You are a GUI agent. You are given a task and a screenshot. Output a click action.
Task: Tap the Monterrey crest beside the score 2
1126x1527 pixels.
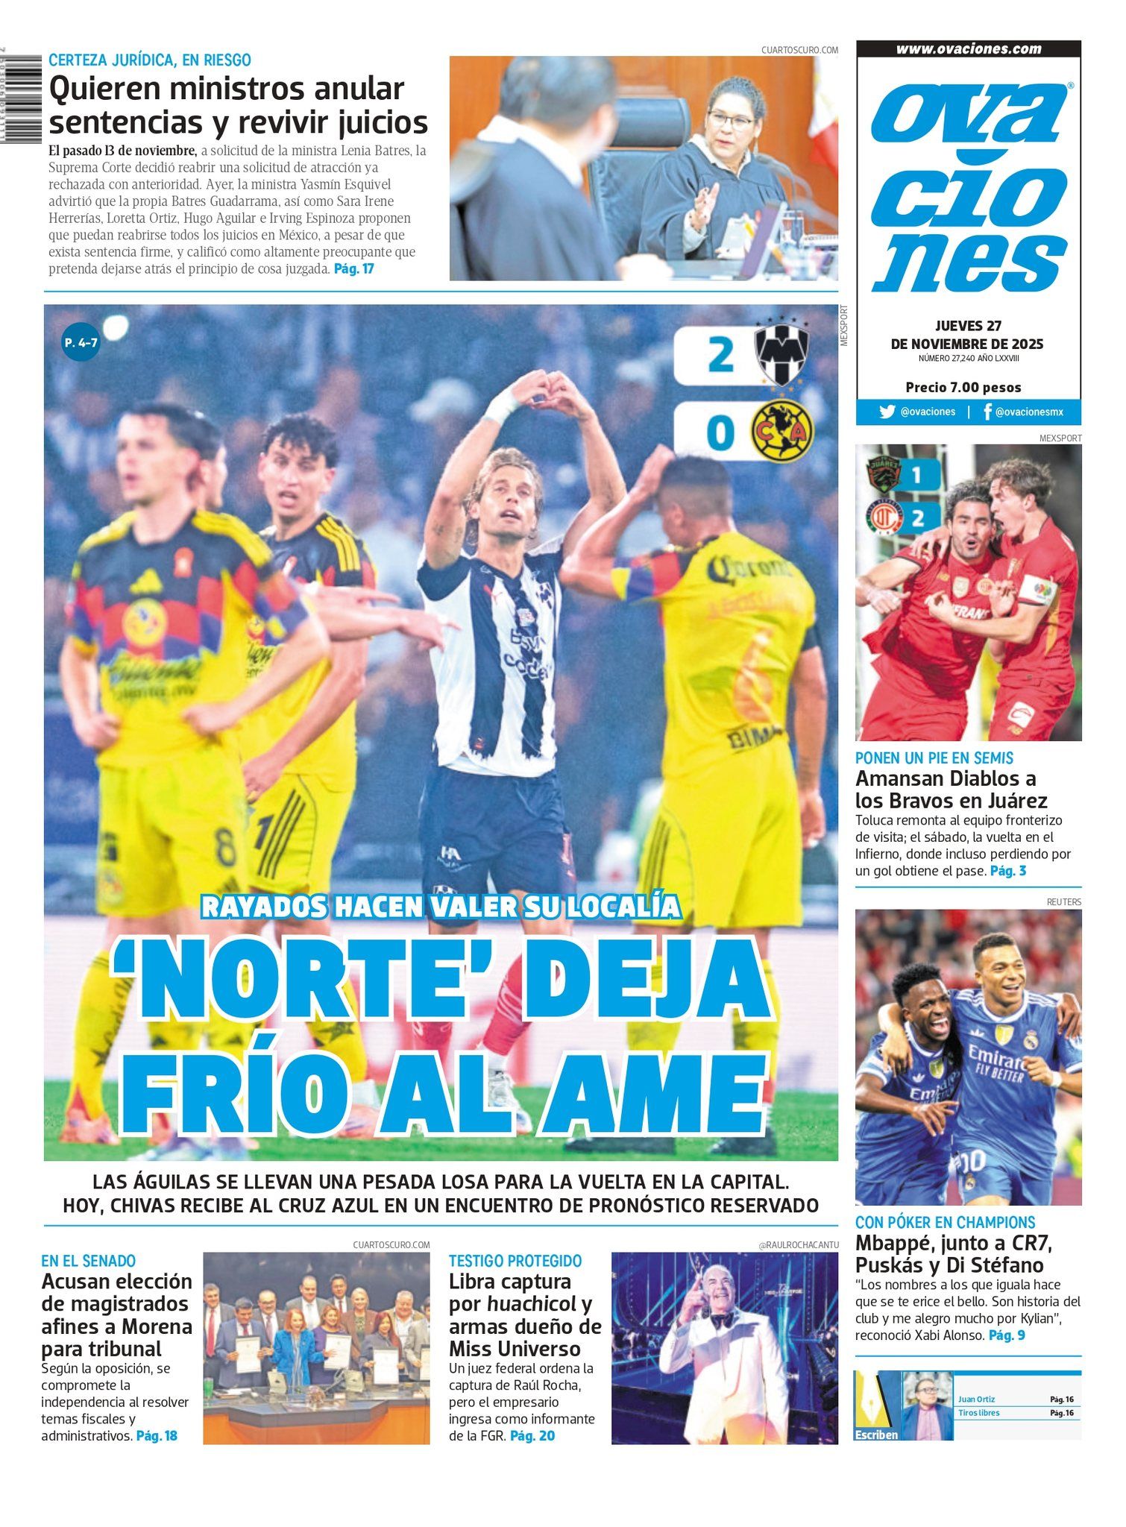tap(781, 353)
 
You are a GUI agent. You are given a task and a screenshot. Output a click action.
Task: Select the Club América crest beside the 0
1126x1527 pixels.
tap(781, 431)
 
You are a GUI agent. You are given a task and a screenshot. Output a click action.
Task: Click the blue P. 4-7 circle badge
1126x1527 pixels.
tap(81, 342)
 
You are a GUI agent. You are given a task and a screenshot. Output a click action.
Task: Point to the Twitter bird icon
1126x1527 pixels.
tap(887, 412)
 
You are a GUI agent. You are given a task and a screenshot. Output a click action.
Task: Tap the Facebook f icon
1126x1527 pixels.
tap(987, 412)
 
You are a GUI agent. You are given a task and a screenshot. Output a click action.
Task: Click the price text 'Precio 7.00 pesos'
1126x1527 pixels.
tap(963, 387)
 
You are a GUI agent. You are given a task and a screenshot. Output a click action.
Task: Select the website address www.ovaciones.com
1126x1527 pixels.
tap(968, 49)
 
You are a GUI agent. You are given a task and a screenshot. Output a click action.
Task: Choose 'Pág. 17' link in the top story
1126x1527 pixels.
tap(353, 269)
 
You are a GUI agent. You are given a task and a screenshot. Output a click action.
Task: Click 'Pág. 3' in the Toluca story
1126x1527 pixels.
tap(1007, 870)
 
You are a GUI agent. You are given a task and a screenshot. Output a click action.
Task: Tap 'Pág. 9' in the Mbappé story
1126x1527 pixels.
tap(1006, 1335)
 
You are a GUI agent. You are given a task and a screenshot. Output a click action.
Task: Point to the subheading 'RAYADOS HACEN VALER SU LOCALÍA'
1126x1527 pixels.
tap(441, 906)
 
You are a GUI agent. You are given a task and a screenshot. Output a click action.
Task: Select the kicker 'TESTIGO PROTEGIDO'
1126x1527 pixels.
tap(515, 1261)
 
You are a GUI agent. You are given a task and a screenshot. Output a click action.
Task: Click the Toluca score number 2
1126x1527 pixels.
tap(917, 517)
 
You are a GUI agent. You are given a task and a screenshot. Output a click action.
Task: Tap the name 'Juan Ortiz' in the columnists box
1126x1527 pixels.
tap(976, 1400)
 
